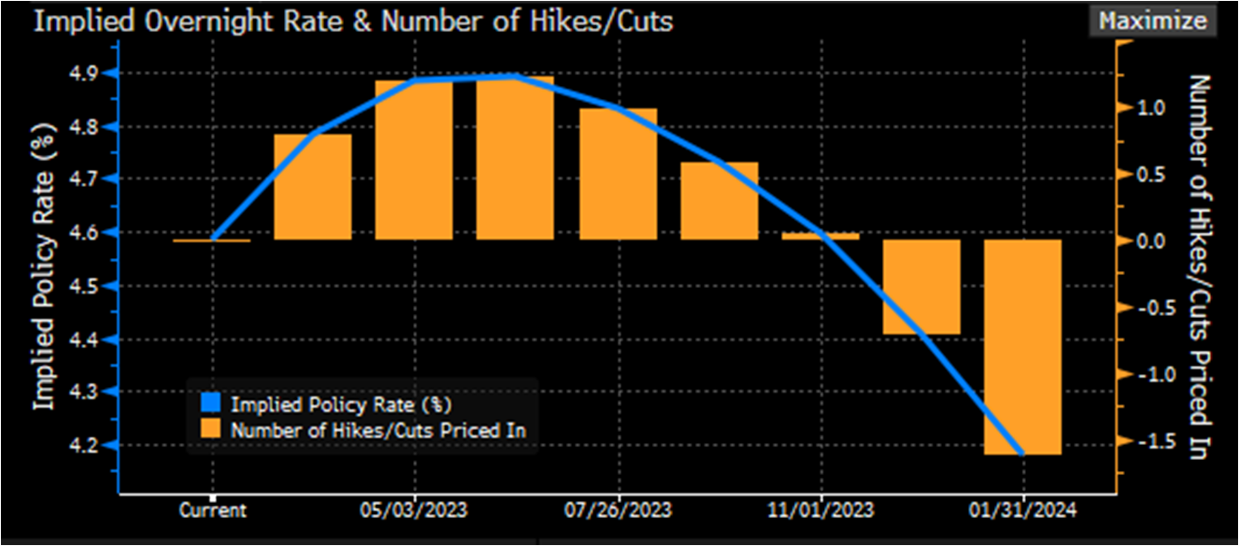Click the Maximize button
click(1152, 21)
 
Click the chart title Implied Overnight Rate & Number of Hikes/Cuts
click(353, 22)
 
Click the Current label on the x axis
click(213, 510)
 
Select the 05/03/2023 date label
click(414, 510)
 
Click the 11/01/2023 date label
click(821, 510)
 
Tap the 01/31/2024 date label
click(1024, 510)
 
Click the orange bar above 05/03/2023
click(414, 160)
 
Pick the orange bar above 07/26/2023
click(619, 174)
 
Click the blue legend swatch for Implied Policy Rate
click(209, 404)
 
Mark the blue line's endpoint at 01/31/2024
click(1023, 453)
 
